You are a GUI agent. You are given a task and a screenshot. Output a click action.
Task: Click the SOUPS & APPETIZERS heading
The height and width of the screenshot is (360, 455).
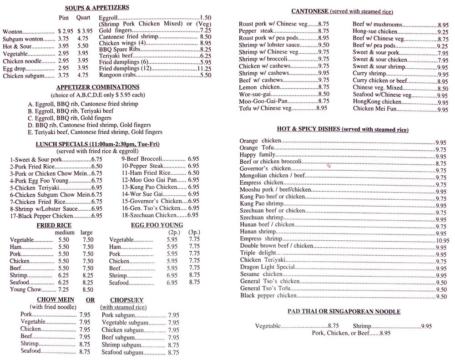97,8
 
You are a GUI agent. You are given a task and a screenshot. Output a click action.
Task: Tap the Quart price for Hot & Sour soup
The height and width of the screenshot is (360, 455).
83,46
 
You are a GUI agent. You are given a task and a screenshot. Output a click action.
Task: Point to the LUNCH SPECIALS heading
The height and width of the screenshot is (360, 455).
97,144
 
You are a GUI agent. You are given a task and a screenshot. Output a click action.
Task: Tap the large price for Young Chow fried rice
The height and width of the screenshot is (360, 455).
88,289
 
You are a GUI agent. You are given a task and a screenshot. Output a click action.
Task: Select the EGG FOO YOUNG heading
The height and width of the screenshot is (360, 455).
157,225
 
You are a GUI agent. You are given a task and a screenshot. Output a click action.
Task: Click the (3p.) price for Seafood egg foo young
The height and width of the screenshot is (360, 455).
194,282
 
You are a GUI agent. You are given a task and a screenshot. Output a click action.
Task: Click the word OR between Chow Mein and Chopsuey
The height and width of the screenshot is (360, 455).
90,300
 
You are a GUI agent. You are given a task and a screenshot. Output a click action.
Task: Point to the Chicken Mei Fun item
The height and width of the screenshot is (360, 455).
374,108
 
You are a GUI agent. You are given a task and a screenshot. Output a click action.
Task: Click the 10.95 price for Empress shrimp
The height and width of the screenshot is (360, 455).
442,241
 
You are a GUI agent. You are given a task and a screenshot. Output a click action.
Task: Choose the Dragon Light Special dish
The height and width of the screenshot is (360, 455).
268,267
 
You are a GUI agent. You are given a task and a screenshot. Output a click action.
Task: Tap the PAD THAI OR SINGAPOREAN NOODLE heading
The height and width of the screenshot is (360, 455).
344,311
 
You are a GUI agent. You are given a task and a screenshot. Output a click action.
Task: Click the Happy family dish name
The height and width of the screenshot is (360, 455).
258,155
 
